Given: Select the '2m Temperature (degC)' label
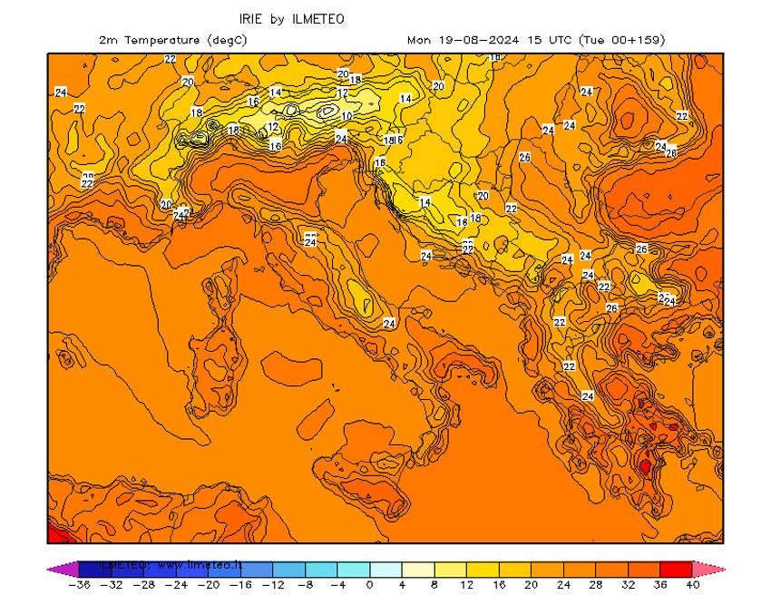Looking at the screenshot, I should (173, 40).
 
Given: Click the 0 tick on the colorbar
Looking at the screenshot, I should (369, 585).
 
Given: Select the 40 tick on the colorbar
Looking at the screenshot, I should (694, 585).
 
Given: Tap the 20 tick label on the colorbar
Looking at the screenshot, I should (532, 585).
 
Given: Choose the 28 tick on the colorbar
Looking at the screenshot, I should (596, 585).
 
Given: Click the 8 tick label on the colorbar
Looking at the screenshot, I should (434, 585).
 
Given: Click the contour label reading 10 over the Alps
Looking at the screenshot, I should (346, 116).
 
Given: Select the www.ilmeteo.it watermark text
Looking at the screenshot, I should (200, 564).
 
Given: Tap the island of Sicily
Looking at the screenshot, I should (363, 476).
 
